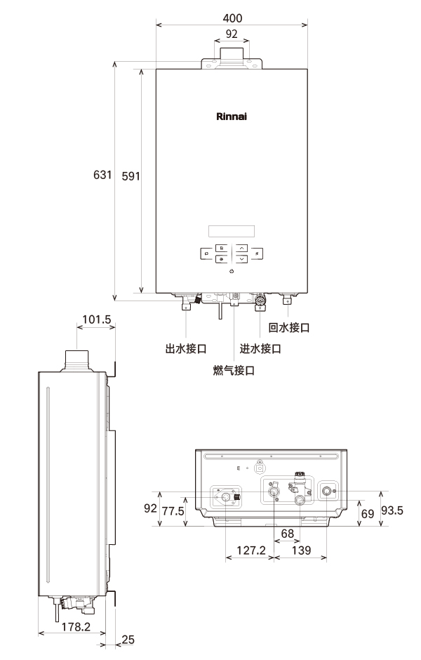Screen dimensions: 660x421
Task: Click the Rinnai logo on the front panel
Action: point(232,116)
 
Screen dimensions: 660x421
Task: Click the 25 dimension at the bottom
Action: point(127,640)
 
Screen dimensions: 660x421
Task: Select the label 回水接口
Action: point(289,328)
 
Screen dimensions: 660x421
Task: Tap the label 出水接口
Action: point(185,349)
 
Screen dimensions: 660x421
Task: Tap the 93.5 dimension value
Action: point(392,510)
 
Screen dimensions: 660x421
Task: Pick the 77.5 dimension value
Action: point(173,511)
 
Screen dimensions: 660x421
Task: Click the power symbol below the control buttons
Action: point(232,271)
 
